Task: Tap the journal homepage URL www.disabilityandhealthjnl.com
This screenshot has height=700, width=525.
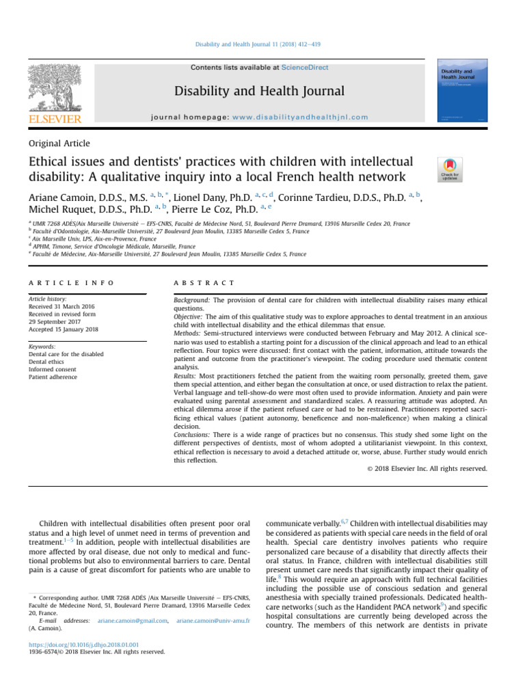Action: click(291, 117)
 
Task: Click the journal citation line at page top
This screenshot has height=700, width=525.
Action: click(262, 44)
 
